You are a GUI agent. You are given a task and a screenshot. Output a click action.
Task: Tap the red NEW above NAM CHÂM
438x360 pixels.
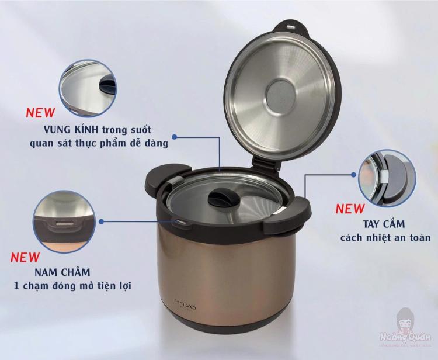click(x=26, y=257)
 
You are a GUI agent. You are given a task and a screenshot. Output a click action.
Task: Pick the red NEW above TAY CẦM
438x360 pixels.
click(x=350, y=209)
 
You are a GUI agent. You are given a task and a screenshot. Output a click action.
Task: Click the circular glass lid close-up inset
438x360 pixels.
click(x=88, y=88)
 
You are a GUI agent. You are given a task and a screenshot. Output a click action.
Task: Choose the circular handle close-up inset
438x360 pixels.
click(x=387, y=178)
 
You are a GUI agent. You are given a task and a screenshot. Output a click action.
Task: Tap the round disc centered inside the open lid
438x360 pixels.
click(x=286, y=95)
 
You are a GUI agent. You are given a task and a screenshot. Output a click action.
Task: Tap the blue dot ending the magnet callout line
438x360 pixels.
click(x=102, y=221)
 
